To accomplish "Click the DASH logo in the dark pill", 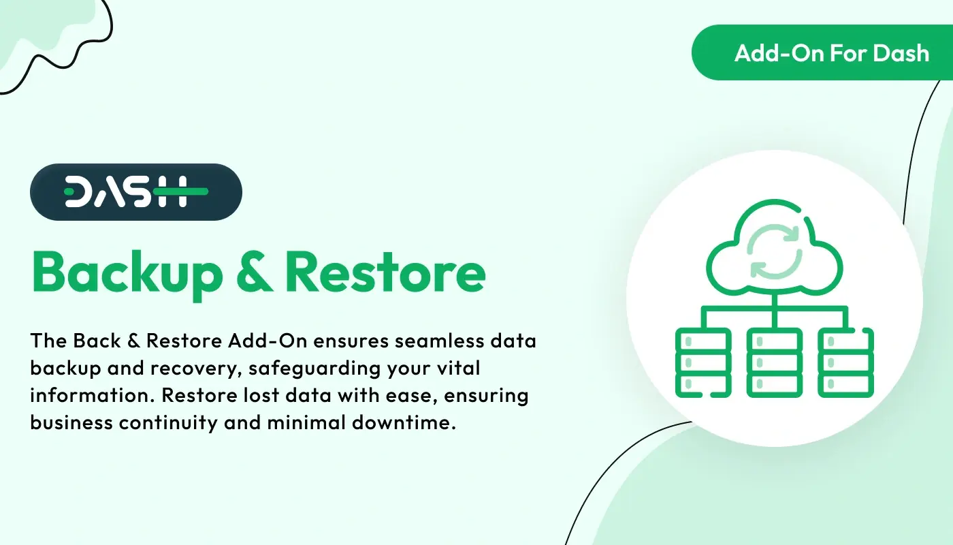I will coord(136,192).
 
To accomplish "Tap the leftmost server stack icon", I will coord(702,362).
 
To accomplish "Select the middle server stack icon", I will coord(774,362).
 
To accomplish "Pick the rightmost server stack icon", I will coord(846,362).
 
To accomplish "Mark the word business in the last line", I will coord(71,422).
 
